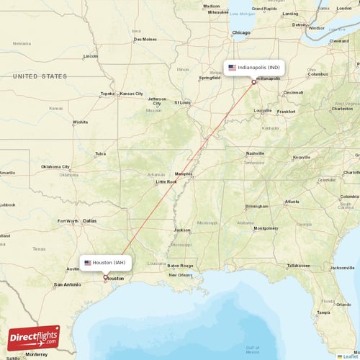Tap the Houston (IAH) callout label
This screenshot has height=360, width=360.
(106, 263)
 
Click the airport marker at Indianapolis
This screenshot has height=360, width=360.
(253, 82)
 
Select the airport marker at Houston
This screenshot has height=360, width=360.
(106, 277)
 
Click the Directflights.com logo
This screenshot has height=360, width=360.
(33, 338)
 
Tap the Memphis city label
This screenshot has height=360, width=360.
(184, 174)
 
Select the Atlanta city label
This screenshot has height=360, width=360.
(292, 202)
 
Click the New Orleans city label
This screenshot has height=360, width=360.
(180, 275)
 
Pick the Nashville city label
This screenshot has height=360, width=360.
(255, 153)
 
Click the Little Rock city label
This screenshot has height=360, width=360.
(166, 182)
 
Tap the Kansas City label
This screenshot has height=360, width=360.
(131, 94)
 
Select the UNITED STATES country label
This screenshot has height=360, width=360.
(40, 76)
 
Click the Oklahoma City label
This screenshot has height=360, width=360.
(55, 166)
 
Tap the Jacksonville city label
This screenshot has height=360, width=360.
(341, 268)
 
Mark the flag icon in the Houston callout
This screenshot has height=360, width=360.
(88, 263)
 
